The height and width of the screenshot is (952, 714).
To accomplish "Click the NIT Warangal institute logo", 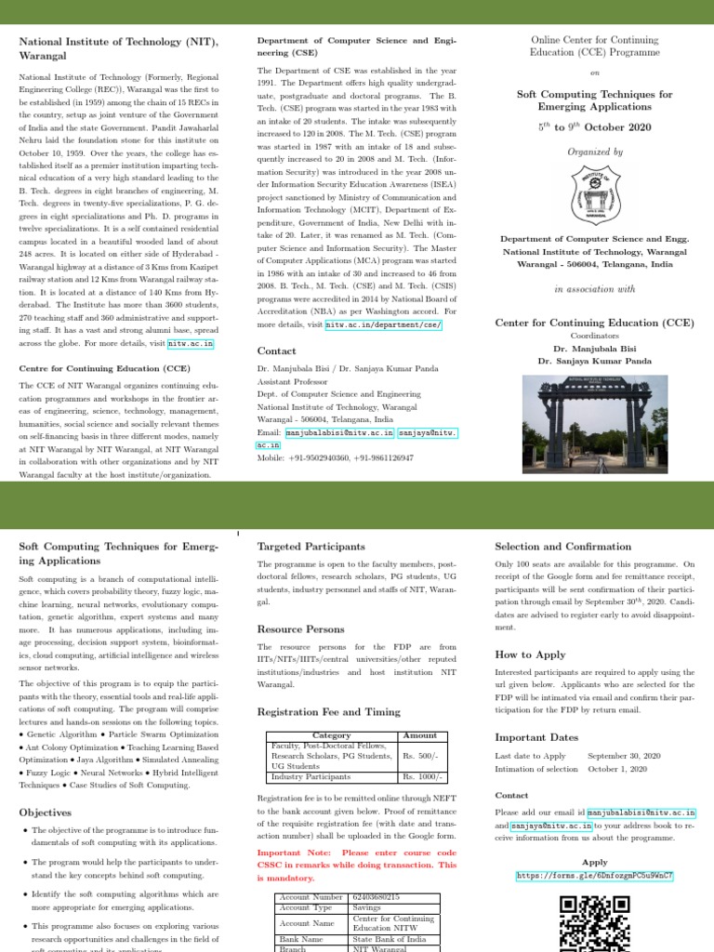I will point(595,194).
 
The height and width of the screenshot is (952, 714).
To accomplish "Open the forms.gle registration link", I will point(595,876).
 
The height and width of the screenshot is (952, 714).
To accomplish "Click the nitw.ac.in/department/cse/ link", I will point(384,325).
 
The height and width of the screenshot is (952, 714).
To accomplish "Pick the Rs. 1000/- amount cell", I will point(423,776).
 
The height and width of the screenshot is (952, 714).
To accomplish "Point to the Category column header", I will point(332,735).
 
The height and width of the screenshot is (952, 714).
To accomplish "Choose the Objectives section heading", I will point(45,812).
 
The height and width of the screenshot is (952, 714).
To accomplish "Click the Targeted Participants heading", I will point(311,547).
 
